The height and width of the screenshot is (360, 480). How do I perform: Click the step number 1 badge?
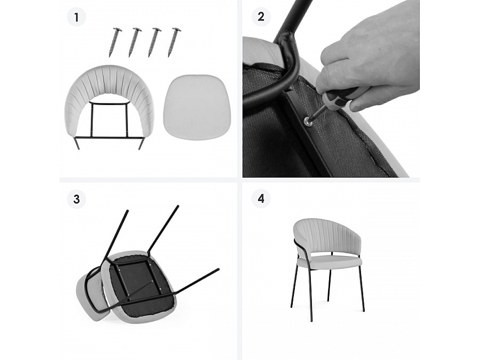[76, 17]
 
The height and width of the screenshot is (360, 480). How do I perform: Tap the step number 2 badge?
[261, 17]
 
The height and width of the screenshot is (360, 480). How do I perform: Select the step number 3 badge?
[76, 199]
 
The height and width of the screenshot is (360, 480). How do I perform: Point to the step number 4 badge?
[261, 199]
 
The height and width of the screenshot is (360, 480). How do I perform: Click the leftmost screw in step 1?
[115, 42]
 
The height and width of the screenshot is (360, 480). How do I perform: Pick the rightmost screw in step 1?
[173, 42]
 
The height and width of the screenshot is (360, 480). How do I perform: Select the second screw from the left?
[135, 42]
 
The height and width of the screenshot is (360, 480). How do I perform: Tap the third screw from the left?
[154, 42]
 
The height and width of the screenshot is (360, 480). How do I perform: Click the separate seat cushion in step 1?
[196, 103]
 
